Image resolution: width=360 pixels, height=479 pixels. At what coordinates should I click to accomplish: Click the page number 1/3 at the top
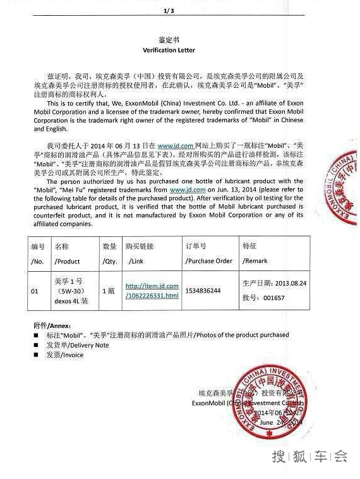pyautogui.click(x=168, y=11)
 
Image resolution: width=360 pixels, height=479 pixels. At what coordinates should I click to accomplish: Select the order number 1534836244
pyautogui.click(x=203, y=291)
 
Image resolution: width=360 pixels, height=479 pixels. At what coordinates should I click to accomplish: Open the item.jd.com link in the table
pyautogui.click(x=152, y=291)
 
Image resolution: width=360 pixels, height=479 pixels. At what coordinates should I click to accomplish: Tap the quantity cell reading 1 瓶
pyautogui.click(x=109, y=291)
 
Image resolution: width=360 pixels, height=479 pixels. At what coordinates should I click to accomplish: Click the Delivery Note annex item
pyautogui.click(x=77, y=345)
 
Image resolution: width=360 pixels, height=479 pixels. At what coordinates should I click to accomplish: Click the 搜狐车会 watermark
pyautogui.click(x=309, y=456)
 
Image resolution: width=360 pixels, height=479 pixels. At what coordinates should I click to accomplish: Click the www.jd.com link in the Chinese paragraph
pyautogui.click(x=175, y=145)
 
